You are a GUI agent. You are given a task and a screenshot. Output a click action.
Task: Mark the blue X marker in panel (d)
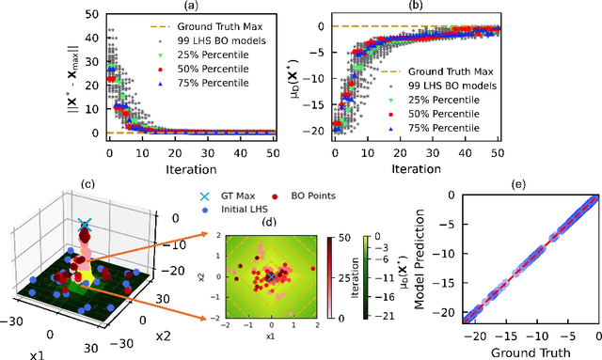click(x=272, y=276)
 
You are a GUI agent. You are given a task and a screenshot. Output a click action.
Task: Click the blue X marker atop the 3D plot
click(x=86, y=224)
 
